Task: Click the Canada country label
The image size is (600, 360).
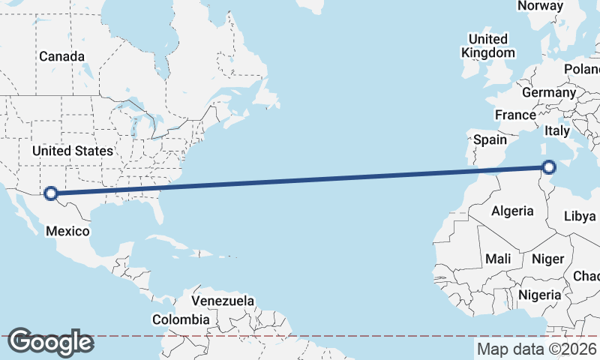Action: [x=61, y=56]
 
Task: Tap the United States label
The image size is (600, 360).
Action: [x=72, y=151]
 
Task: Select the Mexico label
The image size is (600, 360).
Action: [x=67, y=231]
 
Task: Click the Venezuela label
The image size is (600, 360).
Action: [x=223, y=301]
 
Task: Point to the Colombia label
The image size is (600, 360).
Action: [x=181, y=319]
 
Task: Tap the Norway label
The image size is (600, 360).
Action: [x=540, y=6]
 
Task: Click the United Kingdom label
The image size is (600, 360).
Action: [x=487, y=46]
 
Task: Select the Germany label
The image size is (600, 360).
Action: [x=548, y=92]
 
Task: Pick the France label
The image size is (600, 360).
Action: [x=515, y=115]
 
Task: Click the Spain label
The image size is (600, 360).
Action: [x=490, y=139]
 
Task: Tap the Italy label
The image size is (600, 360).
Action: [x=557, y=130]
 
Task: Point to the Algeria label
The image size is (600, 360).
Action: [x=512, y=211]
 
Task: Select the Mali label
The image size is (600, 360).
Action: [x=498, y=259]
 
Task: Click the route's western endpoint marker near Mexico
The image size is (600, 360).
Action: [x=51, y=193]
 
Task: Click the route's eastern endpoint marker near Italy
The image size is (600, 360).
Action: [x=549, y=167]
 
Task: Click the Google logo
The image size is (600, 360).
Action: [x=50, y=342]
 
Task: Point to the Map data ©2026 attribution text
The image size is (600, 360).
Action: [x=537, y=349]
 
